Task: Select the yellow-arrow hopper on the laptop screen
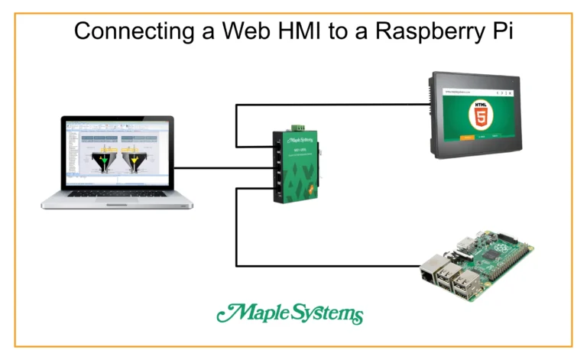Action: (136, 158)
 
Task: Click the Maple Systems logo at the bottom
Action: (290, 313)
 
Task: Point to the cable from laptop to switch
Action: (222, 167)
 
